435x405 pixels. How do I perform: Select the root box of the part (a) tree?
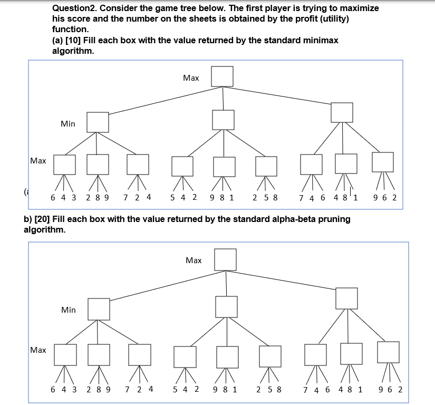tap(223, 76)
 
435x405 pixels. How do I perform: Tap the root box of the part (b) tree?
tap(225, 259)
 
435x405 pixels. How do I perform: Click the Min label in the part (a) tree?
tap(68, 124)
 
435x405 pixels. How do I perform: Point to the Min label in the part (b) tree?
tap(69, 310)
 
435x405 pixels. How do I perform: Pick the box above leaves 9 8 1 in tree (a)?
tap(224, 167)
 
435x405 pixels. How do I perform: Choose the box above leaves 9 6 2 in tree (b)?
tap(388, 352)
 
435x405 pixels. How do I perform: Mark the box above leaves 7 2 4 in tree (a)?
tap(138, 165)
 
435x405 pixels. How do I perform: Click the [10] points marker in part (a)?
tap(74, 41)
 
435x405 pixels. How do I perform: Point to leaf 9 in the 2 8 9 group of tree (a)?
tap(107, 198)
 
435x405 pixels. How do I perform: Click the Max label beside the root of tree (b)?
tap(194, 261)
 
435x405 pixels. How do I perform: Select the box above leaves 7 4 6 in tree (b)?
tap(315, 355)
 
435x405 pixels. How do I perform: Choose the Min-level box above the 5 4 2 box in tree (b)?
tap(226, 307)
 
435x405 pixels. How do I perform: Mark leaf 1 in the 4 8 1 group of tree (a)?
tap(355, 198)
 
